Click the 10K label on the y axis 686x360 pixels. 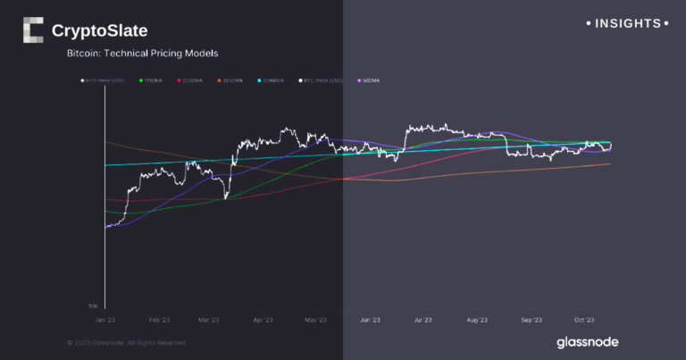coord(92,306)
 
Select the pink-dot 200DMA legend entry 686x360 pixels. coord(192,80)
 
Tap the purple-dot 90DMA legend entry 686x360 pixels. coord(369,80)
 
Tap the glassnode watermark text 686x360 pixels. coord(587,342)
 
